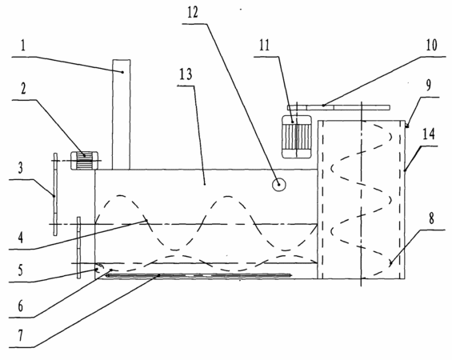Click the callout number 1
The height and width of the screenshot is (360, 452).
tap(23, 46)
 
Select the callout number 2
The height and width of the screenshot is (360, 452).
tap(23, 88)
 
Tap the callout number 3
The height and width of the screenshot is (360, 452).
tap(20, 168)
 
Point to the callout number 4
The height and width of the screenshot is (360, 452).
tap(20, 238)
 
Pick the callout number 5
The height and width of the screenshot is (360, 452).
tap(20, 270)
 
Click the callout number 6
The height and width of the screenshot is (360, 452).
tap(20, 306)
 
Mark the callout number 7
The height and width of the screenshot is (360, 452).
tap(20, 336)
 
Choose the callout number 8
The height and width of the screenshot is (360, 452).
tap(431, 218)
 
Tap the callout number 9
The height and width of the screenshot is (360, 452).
tap(429, 85)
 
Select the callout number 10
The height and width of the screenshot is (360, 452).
tap(431, 45)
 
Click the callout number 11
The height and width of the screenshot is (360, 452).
tap(264, 46)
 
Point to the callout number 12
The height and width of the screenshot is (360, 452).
tap(193, 12)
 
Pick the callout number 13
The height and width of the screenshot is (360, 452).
tap(186, 74)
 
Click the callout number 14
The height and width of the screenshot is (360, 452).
tap(429, 134)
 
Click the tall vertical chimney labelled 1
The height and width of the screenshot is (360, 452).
tap(121, 114)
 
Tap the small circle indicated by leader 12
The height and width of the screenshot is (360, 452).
tap(279, 185)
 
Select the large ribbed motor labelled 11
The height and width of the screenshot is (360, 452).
tap(297, 137)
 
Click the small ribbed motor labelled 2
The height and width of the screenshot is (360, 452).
tap(85, 161)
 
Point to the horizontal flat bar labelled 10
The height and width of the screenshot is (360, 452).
tap(338, 107)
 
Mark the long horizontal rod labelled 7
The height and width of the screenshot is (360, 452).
tap(199, 275)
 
